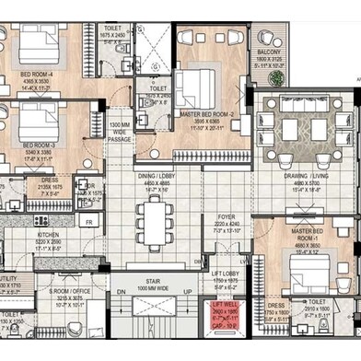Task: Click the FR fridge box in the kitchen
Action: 90,222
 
